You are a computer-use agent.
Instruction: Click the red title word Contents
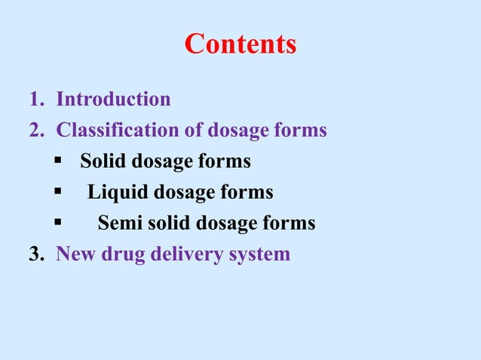pos(240,44)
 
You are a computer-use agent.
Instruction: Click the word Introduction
pos(114,99)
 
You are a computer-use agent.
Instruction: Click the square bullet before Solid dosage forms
pos(58,161)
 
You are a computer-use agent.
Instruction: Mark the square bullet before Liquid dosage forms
pos(58,192)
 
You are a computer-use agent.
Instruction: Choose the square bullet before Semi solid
pos(58,223)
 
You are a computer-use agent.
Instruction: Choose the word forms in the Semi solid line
pos(289,223)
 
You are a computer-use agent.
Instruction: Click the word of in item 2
pos(195,130)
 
